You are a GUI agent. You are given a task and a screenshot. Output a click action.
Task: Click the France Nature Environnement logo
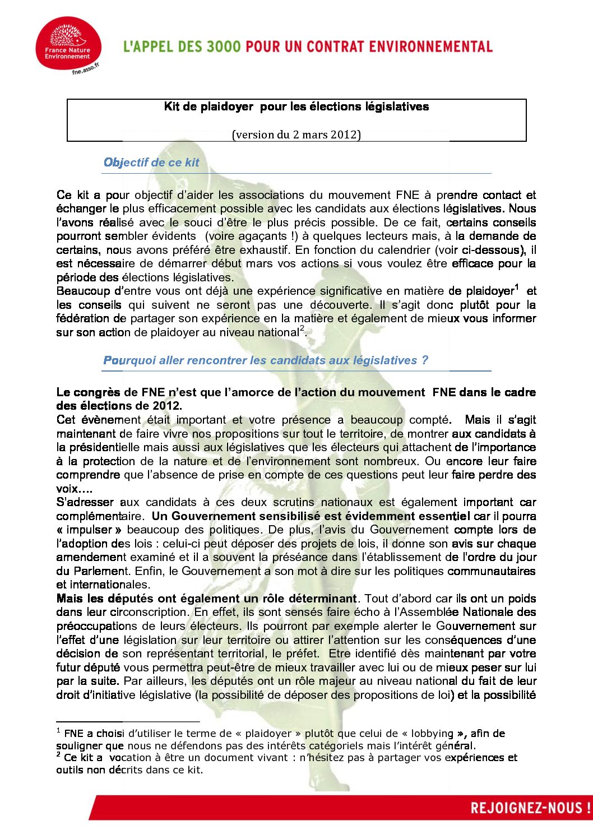pos(68,43)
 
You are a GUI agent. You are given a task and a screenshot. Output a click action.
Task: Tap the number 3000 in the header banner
pos(223,47)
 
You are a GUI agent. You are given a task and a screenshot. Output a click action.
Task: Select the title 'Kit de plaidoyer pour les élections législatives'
pos(296,106)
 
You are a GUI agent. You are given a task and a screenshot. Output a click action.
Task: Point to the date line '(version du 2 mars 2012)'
pos(296,135)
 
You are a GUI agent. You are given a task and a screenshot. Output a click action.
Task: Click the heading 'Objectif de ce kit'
pos(151,163)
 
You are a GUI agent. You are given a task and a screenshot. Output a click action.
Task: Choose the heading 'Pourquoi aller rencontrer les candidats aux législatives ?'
pos(266,360)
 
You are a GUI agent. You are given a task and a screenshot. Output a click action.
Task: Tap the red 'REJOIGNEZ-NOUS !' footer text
pos(530,808)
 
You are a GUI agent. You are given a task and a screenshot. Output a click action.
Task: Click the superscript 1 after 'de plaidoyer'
pos(517,288)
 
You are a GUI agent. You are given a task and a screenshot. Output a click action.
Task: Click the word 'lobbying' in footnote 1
pos(432,734)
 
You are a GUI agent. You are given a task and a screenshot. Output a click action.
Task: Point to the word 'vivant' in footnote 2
pos(267,758)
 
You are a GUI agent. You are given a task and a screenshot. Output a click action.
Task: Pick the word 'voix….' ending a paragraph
pos(75,489)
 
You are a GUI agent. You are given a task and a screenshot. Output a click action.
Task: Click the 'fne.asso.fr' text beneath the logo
pos(86,69)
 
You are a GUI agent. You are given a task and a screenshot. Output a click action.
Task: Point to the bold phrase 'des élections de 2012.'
pos(119,406)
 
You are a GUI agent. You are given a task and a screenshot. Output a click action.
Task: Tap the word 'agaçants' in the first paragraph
pos(256,236)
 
